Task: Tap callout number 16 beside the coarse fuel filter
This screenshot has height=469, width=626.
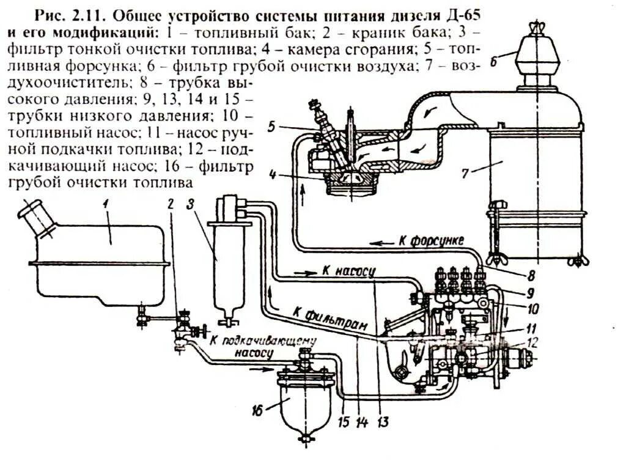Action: [257, 411]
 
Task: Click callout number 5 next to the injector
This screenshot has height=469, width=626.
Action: [273, 127]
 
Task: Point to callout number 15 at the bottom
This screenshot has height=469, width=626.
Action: [344, 421]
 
